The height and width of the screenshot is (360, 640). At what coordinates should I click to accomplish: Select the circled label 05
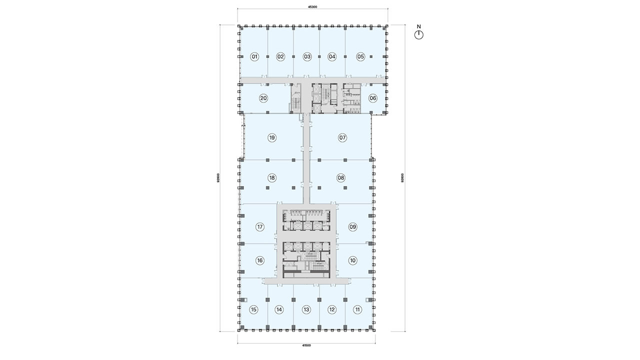pos(360,57)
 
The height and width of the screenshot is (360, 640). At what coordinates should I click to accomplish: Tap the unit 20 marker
pos(263,98)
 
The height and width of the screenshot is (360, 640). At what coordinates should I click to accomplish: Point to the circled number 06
pos(373,98)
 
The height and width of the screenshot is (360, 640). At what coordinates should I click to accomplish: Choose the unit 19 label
pos(271,138)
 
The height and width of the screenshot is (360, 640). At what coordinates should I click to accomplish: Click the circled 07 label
pos(342,138)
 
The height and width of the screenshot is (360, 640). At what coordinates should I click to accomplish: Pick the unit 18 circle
pos(271,178)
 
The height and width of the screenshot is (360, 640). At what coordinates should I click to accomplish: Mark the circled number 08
pos(341,178)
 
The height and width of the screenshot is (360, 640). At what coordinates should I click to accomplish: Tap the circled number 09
pos(353,227)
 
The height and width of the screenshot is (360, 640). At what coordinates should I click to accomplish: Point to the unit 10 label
pos(353,260)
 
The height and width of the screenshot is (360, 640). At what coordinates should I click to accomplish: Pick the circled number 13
pos(306,309)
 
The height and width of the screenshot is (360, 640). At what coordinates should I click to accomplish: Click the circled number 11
pos(357,309)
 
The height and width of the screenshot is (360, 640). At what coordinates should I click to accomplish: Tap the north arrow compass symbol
pos(419,35)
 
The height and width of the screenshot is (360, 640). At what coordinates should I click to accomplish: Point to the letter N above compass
pos(419,26)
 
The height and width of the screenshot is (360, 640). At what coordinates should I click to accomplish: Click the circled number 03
pos(307,57)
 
